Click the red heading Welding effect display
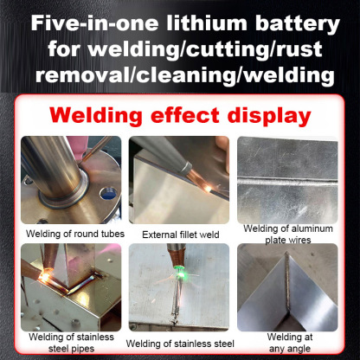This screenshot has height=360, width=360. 180,115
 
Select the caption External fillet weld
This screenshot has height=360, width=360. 181,233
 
